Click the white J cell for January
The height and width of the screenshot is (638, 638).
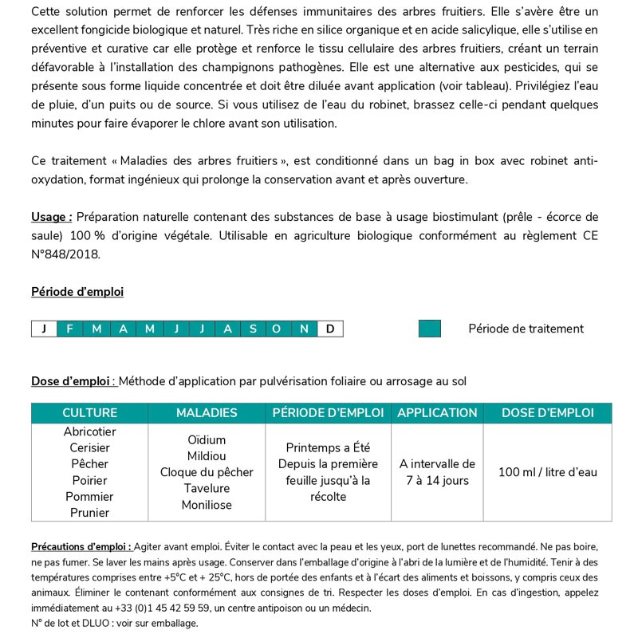(44, 329)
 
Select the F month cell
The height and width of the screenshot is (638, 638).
(69, 329)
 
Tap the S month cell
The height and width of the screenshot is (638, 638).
(253, 329)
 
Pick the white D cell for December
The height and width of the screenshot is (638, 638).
(330, 329)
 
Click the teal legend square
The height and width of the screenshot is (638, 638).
(430, 329)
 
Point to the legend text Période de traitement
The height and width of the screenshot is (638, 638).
(526, 329)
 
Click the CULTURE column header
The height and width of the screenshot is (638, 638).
(89, 413)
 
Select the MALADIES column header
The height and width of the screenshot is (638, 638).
(207, 413)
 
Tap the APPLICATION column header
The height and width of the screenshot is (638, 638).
(437, 413)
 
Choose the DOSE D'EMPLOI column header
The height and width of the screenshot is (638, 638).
(547, 413)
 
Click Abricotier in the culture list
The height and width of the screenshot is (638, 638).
(89, 431)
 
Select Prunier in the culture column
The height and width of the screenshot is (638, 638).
(89, 513)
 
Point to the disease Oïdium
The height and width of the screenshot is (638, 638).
(207, 440)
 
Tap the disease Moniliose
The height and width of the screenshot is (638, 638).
(207, 505)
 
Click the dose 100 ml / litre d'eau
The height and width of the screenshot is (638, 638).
(547, 472)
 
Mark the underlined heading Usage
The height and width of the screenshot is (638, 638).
(52, 217)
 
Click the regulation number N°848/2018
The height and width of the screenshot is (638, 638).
(66, 255)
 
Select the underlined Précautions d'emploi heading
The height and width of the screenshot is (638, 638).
(81, 547)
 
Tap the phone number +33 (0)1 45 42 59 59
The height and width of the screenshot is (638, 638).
(153, 608)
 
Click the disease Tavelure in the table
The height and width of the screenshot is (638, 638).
(207, 488)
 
